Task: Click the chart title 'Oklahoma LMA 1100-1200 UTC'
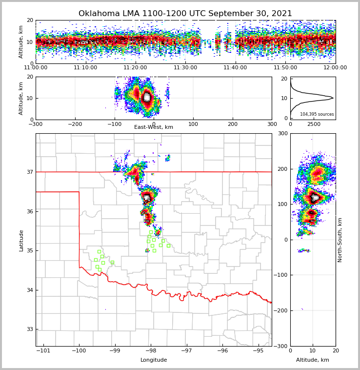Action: click(x=185, y=14)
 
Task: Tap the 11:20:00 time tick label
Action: click(x=135, y=68)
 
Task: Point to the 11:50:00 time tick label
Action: click(x=285, y=68)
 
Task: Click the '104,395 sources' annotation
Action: click(x=317, y=114)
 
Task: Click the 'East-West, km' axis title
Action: click(x=154, y=127)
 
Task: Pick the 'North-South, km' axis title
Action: click(x=340, y=240)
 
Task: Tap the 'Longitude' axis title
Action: click(x=154, y=360)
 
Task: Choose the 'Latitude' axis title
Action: click(x=21, y=240)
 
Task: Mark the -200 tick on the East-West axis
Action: click(x=75, y=124)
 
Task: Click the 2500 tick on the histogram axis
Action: click(x=314, y=124)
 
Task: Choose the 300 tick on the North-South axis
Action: click(x=282, y=133)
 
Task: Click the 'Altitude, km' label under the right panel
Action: click(x=312, y=360)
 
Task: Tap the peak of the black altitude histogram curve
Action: click(x=333, y=98)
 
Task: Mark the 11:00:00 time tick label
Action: click(x=36, y=68)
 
